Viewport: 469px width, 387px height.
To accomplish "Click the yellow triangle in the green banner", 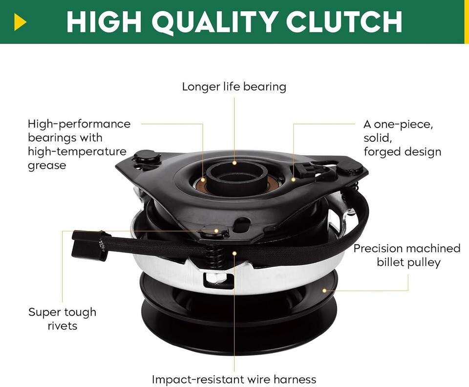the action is [20, 22].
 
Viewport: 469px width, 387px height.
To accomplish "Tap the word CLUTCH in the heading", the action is [344, 21].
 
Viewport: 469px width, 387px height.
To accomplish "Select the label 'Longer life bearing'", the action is [234, 86].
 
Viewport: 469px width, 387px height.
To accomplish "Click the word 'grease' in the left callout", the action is [47, 165].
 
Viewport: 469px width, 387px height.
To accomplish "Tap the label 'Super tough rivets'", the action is [62, 319].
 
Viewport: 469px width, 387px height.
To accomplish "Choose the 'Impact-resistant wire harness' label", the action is [234, 380].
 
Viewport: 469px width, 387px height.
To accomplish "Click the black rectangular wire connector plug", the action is [88, 245].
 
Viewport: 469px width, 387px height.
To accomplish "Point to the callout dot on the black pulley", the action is [324, 290].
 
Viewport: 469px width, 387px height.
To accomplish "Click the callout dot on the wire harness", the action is [234, 253].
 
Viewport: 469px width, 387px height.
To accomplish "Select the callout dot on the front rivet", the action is [216, 231].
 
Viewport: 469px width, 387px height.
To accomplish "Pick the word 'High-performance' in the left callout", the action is [79, 124].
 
